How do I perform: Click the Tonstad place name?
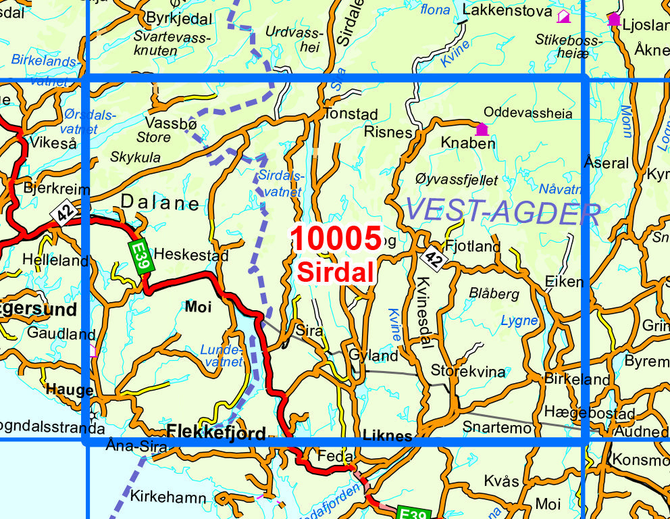point(350,114)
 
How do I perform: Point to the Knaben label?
point(467,143)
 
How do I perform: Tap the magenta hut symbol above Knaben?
point(482,129)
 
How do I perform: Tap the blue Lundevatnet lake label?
point(222,355)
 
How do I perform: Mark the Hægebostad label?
point(579,414)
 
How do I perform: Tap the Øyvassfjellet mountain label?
point(457,180)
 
